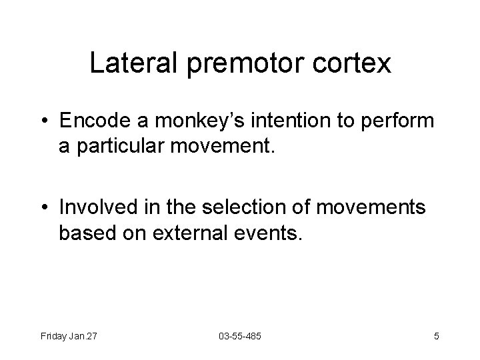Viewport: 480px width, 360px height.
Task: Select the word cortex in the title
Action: [358, 65]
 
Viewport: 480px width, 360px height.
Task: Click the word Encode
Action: [94, 122]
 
